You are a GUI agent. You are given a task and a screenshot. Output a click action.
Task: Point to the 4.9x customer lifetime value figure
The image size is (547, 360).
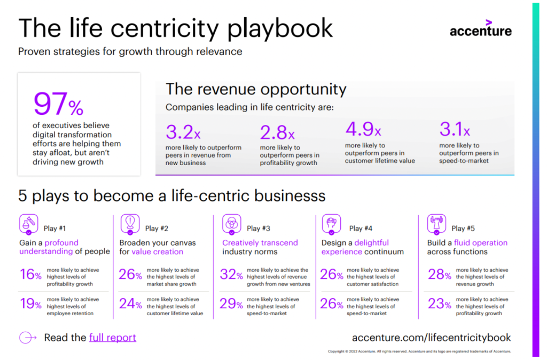click(x=363, y=129)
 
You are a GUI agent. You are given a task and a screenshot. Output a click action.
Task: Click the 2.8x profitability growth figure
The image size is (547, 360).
click(x=277, y=132)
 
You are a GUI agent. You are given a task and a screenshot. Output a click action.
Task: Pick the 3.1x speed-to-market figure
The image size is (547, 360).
click(x=455, y=129)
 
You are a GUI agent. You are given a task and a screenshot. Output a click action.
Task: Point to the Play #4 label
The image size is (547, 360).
click(x=361, y=229)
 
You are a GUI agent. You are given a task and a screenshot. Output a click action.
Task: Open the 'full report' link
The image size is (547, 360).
click(x=112, y=338)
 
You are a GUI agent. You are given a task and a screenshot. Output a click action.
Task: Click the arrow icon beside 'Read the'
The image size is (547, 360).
click(x=28, y=338)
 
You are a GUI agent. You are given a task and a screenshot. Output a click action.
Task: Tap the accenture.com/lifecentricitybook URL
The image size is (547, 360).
click(x=431, y=338)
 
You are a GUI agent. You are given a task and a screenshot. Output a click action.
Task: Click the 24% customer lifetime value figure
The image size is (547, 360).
click(x=130, y=304)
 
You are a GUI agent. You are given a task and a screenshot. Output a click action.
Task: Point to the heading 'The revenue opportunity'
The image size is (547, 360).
click(x=256, y=89)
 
